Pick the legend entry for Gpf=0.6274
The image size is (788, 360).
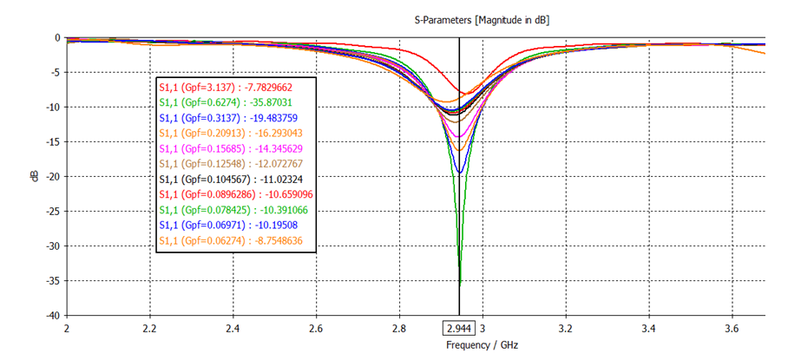click(x=233, y=102)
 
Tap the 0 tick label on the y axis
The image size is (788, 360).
click(x=56, y=37)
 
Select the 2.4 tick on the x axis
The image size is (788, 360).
click(x=233, y=329)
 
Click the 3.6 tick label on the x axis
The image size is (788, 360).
click(x=732, y=329)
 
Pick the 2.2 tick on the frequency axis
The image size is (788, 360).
click(x=149, y=329)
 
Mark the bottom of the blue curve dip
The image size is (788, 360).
click(x=459, y=173)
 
